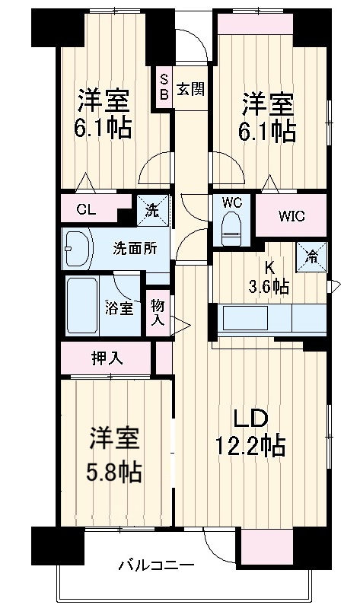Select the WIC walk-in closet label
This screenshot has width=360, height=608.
coord(290,215)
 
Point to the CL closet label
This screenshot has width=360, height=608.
coord(85,211)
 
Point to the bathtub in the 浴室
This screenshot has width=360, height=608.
coord(81,306)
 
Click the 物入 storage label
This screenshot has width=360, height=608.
coord(158,311)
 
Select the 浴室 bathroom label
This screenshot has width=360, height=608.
coord(119,308)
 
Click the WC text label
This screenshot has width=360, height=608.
coord(231,202)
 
